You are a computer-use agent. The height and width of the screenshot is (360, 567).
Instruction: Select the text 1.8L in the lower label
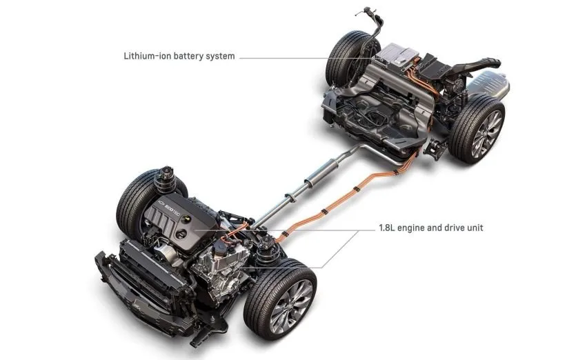386,228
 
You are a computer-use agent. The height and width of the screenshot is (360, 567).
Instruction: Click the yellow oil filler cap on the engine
187,219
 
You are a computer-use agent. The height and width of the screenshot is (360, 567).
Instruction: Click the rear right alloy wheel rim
487,133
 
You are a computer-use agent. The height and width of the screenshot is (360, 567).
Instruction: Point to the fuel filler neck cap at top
368,11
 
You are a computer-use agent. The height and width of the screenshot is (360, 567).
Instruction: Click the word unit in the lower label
475,228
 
